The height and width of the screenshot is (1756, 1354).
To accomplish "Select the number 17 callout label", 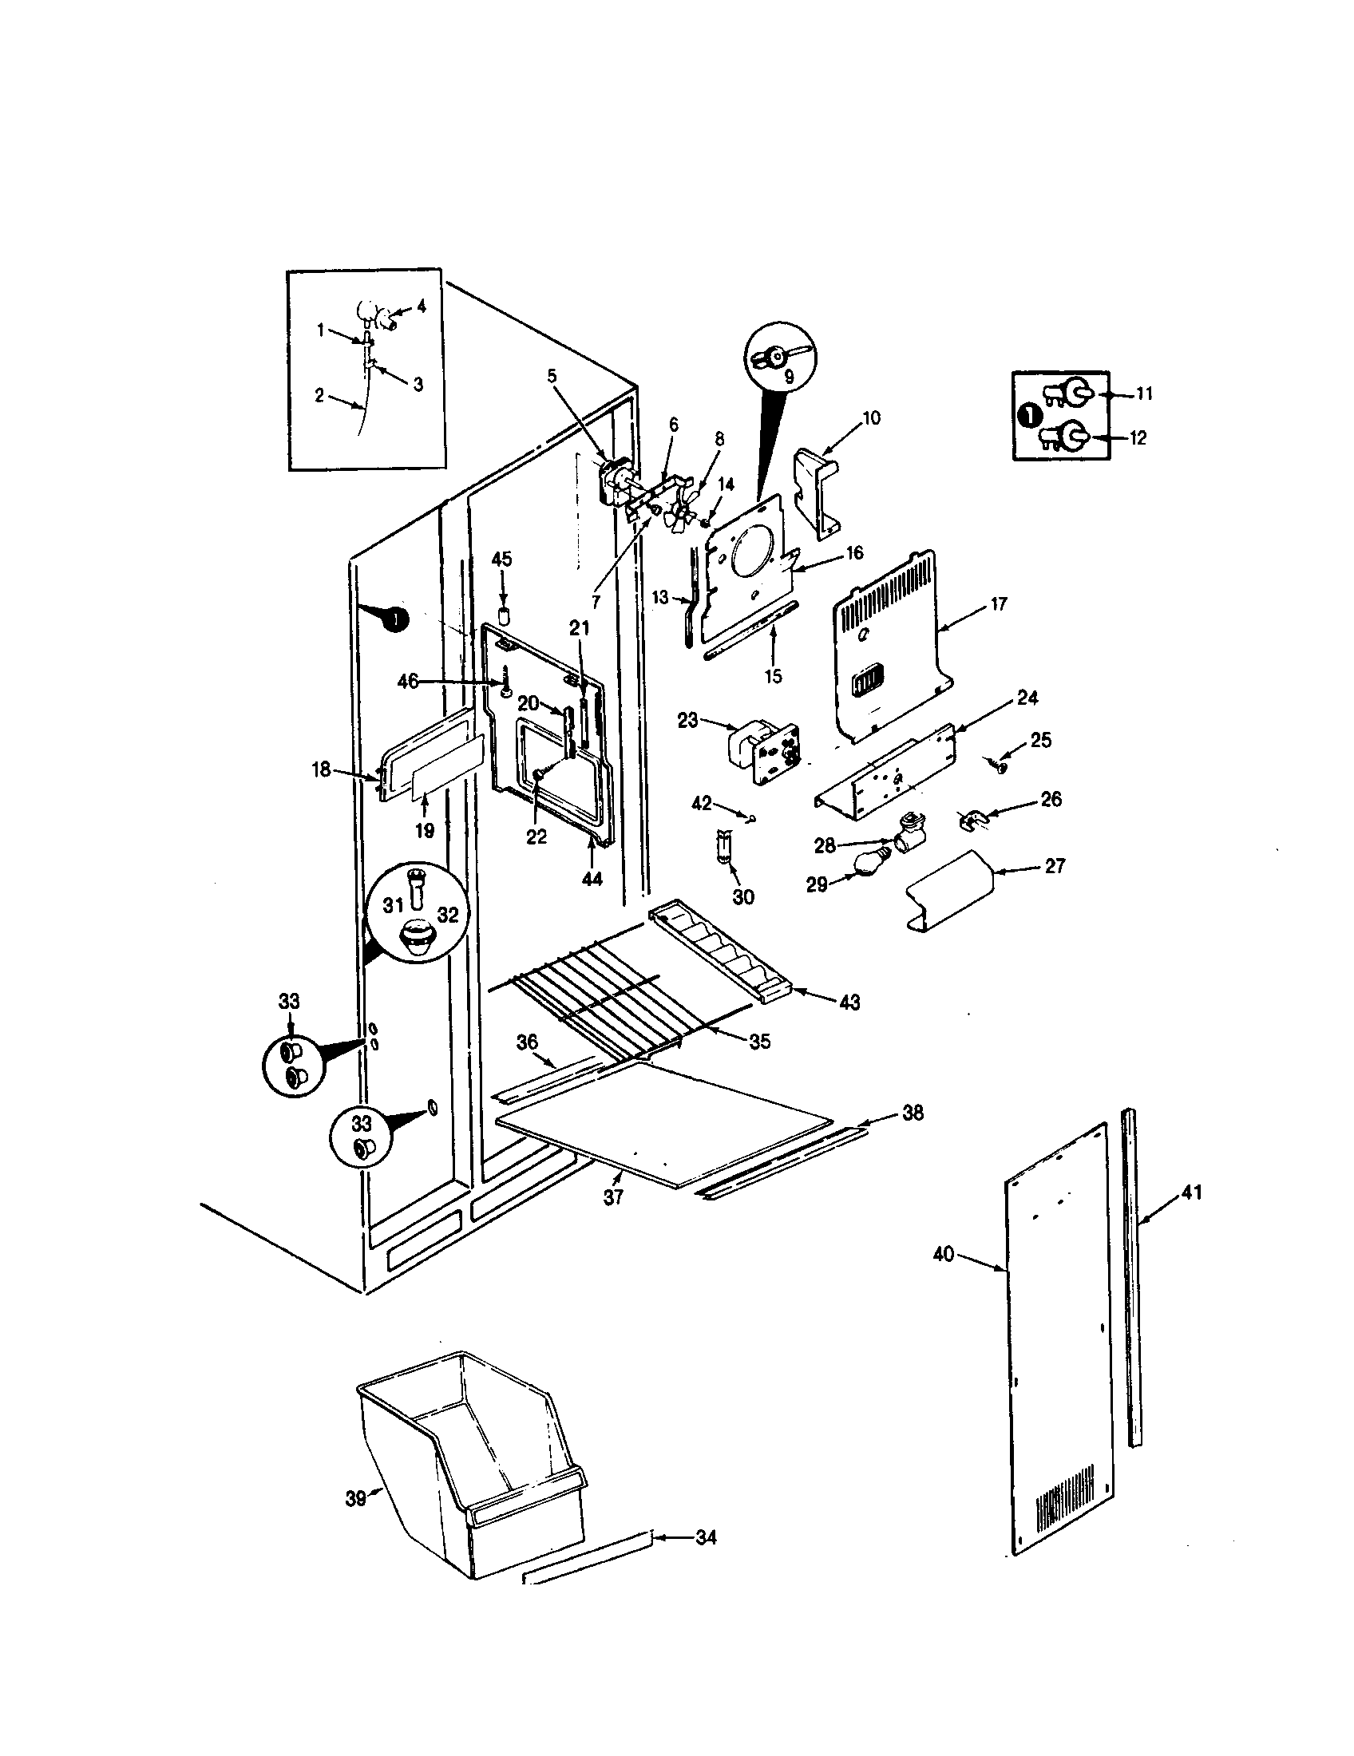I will coord(998,604).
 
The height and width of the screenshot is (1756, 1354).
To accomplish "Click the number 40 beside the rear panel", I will coord(943,1253).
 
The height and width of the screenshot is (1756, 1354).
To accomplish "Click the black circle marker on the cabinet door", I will coord(394,619).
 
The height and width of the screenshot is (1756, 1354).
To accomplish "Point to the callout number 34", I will coord(705,1538).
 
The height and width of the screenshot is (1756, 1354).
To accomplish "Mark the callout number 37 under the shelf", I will coord(613,1220).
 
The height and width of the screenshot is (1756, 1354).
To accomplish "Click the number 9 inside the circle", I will coord(788,374).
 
